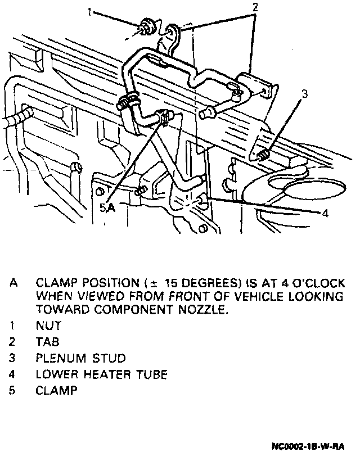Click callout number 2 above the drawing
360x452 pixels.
point(255,7)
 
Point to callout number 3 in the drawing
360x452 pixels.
point(304,94)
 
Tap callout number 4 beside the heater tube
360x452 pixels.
point(325,213)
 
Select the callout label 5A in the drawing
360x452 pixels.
point(107,207)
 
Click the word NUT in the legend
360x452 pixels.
point(48,326)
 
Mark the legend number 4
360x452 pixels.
point(12,373)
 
